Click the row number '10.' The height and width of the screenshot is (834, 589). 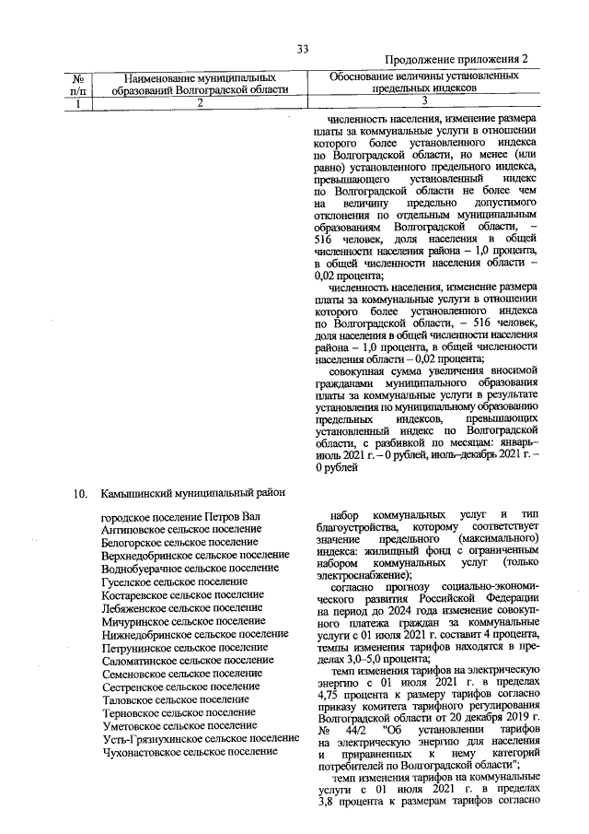pyautogui.click(x=82, y=494)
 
